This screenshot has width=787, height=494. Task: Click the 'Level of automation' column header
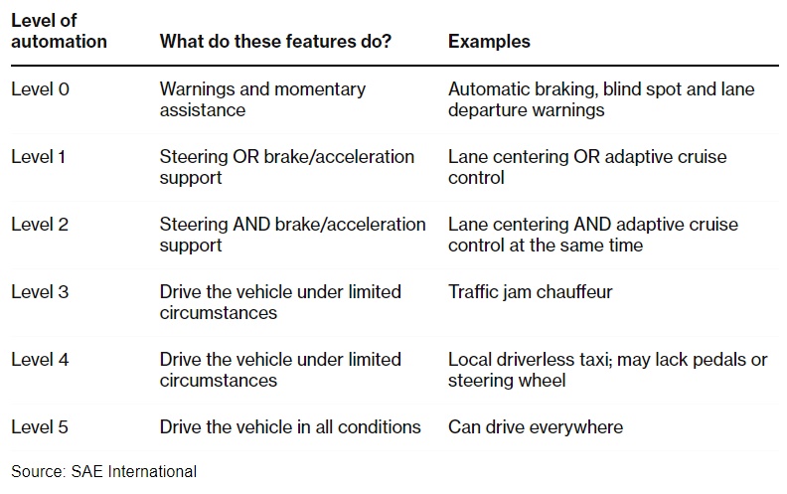(59, 31)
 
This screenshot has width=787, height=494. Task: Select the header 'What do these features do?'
(275, 41)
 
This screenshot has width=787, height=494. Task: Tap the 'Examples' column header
(489, 41)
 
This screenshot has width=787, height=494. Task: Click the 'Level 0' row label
(40, 89)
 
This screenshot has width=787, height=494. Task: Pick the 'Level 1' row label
(39, 157)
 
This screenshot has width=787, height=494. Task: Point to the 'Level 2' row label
(40, 225)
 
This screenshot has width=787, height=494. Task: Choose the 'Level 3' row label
(40, 291)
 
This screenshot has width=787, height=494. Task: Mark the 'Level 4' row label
(40, 360)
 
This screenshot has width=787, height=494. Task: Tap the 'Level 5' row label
(40, 427)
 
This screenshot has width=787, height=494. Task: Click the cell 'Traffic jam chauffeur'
(530, 291)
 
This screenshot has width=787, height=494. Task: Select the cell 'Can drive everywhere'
(536, 427)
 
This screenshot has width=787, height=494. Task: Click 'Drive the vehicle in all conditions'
(290, 427)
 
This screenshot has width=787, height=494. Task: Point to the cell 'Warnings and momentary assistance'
(262, 99)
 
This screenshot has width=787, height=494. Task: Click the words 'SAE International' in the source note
(133, 471)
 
